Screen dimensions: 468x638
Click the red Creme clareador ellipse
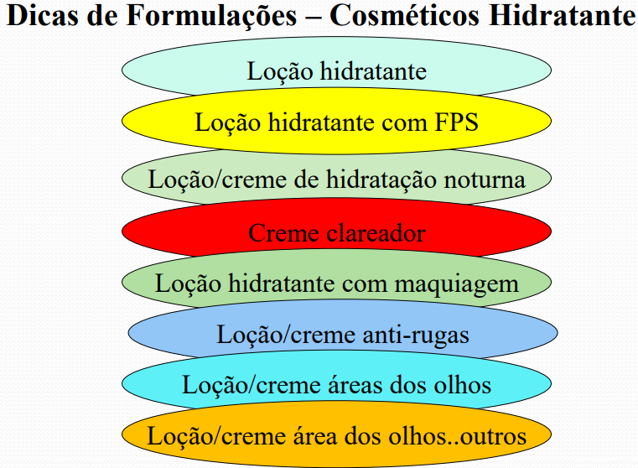pos(336,231)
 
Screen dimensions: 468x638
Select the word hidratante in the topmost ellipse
pos(373,70)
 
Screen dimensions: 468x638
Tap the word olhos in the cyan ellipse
pos(461,385)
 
